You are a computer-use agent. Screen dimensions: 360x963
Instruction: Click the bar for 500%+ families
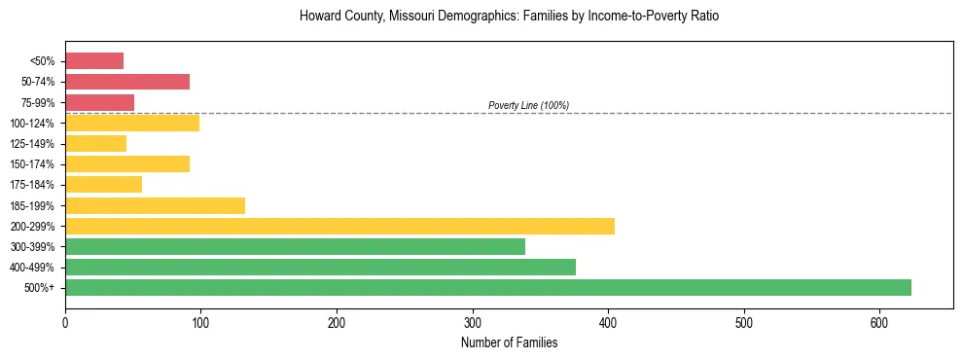pos(487,287)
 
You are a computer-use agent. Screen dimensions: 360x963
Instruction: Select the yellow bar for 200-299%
pos(339,226)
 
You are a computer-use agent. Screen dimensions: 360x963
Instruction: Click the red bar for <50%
pos(94,60)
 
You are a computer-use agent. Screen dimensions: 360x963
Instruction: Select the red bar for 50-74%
pos(127,82)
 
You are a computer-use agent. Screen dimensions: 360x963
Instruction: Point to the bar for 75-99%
pos(99,102)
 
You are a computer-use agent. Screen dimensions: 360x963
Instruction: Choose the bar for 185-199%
pos(155,205)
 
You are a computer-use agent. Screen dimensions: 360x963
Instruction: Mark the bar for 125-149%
pos(95,143)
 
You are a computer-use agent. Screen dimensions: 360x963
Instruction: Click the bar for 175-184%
pos(103,184)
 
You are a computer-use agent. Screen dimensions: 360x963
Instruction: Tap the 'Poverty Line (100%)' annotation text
pos(528,105)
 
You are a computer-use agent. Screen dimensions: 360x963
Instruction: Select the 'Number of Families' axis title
pos(509,342)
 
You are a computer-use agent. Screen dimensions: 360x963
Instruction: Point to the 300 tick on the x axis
pos(473,322)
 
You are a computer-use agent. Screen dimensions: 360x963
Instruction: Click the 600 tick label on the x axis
pos(879,322)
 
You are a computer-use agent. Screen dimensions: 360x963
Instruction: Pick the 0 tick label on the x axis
pos(65,322)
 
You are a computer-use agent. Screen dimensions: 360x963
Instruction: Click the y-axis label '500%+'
pos(41,288)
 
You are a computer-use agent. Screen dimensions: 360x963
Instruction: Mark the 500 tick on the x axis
pos(744,322)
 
